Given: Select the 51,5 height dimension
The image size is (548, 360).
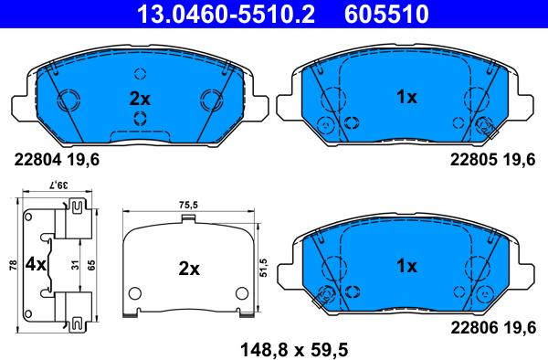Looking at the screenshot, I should point(263,268).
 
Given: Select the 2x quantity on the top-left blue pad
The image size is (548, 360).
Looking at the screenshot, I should point(138,96).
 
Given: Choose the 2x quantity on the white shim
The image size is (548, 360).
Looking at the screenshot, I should point(188,269).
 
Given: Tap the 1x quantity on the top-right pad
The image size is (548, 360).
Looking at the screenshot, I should point(406,96).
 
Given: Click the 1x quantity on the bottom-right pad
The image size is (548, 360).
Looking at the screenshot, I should point(406,266).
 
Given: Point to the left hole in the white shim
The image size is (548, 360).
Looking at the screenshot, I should point(135,293).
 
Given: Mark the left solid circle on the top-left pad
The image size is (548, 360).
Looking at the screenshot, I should point(67,100).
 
